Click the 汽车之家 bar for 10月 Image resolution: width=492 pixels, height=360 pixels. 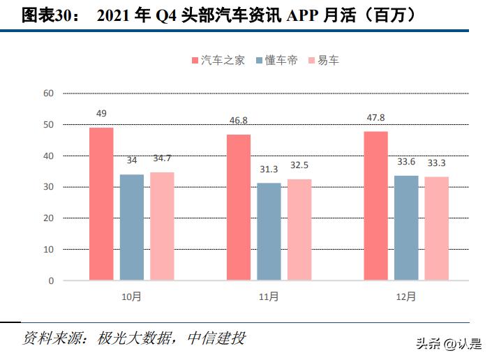pyautogui.click(x=101, y=204)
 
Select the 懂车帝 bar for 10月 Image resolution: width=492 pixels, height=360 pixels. pyautogui.click(x=131, y=227)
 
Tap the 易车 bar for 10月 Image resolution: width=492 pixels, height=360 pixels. pyautogui.click(x=162, y=226)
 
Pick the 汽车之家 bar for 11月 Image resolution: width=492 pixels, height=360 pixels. pyautogui.click(x=239, y=207)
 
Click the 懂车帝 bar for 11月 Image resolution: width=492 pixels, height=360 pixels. pyautogui.click(x=269, y=232)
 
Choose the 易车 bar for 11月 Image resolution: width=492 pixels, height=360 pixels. pyautogui.click(x=299, y=230)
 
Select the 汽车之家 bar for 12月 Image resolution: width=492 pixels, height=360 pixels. pyautogui.click(x=375, y=206)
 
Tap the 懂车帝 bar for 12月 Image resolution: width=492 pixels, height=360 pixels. pyautogui.click(x=406, y=228)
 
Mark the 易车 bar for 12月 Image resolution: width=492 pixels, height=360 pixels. pyautogui.click(x=437, y=228)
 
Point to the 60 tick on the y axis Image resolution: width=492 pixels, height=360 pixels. pyautogui.click(x=48, y=93)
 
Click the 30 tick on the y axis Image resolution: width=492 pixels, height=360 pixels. pyautogui.click(x=48, y=187)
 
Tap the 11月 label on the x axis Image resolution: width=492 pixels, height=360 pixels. pyautogui.click(x=269, y=297)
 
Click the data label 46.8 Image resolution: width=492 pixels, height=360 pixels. pyautogui.click(x=239, y=121)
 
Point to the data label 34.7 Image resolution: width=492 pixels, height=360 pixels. pyautogui.click(x=162, y=160)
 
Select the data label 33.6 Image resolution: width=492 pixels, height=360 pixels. pyautogui.click(x=406, y=163)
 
